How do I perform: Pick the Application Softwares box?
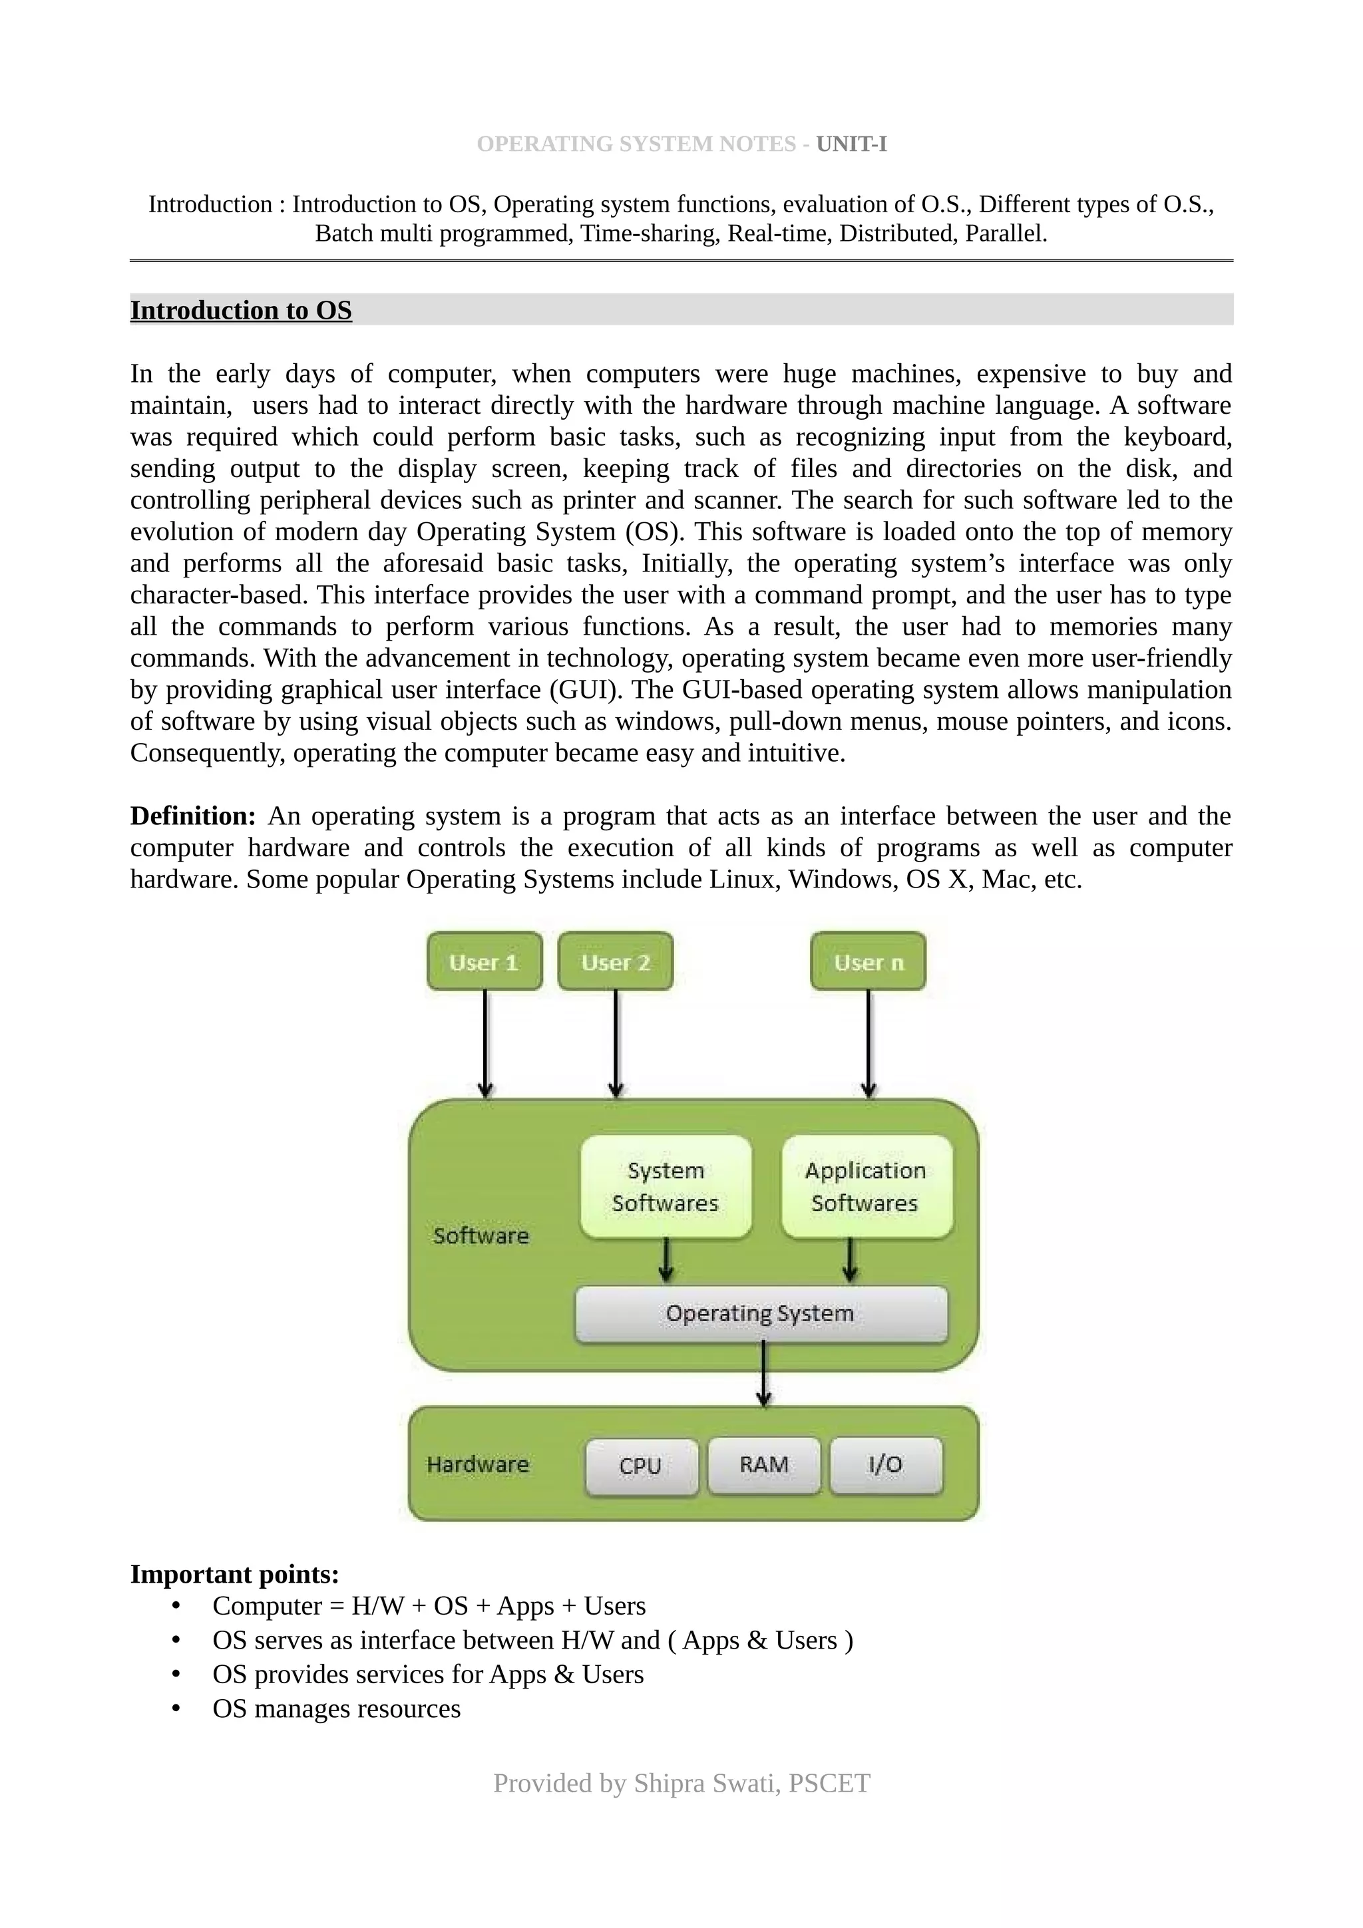click(x=866, y=1186)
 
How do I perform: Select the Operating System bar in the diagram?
click(x=760, y=1313)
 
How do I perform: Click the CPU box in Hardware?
click(x=641, y=1466)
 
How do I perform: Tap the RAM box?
click(x=763, y=1466)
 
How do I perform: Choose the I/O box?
click(x=885, y=1466)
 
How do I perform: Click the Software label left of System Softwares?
click(x=481, y=1235)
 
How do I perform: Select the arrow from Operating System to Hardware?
click(x=763, y=1374)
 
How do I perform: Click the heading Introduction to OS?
click(x=241, y=311)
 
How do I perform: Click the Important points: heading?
click(x=234, y=1575)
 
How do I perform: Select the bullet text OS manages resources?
click(x=337, y=1709)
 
